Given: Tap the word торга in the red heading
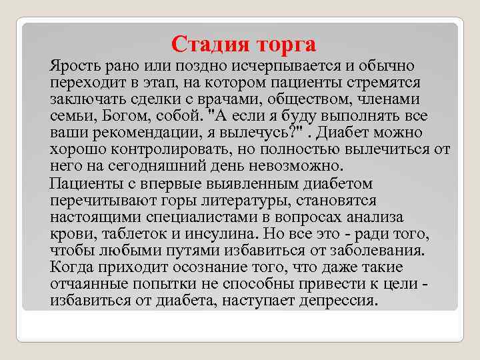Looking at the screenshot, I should pyautogui.click(x=283, y=45).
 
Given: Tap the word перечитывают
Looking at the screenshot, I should pyautogui.click(x=101, y=201).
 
